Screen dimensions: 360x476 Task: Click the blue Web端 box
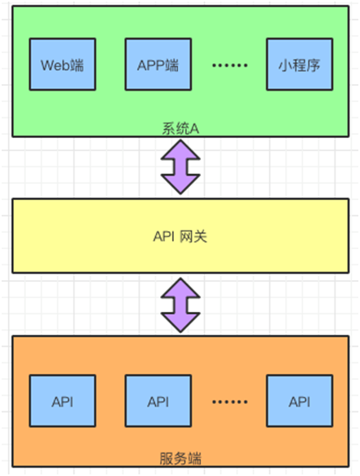[x=63, y=64]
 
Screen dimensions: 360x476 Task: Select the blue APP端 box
[x=158, y=64]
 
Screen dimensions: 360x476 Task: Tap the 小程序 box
[x=300, y=64]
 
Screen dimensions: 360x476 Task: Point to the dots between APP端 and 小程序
[x=229, y=65]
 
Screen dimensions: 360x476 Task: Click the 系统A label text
[x=180, y=129]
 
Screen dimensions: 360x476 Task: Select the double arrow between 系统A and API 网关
[x=180, y=167]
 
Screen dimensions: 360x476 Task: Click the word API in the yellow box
[x=163, y=237]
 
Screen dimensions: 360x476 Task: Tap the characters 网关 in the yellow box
[x=193, y=237]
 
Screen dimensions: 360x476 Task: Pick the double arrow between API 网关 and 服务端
[x=180, y=305]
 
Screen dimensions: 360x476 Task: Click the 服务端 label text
[x=180, y=458]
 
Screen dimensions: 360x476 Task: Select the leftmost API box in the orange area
[x=63, y=401]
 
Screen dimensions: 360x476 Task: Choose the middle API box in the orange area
[x=158, y=401]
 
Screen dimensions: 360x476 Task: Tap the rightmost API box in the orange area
[x=300, y=401]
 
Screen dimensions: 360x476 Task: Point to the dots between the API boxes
[x=229, y=402]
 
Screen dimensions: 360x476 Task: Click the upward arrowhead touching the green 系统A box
[x=180, y=149]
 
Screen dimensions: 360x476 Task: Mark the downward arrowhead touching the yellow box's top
[x=180, y=184]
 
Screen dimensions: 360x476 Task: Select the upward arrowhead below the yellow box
[x=180, y=287]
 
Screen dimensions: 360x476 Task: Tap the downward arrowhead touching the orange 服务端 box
[x=180, y=323]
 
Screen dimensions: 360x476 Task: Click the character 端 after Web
[x=77, y=65]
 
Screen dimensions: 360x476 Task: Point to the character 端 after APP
[x=171, y=65]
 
